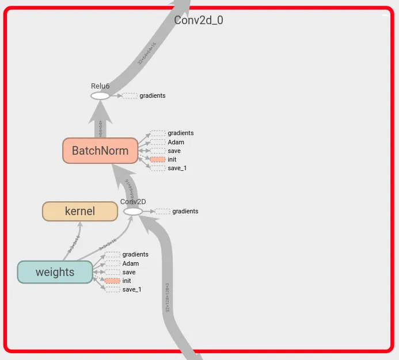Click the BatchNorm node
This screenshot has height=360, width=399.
pyautogui.click(x=100, y=151)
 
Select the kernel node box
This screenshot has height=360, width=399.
pyautogui.click(x=80, y=211)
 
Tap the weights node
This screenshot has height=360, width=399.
pyautogui.click(x=55, y=272)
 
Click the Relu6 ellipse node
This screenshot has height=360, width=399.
pyautogui.click(x=100, y=96)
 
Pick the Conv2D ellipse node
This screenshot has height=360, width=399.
pyautogui.click(x=133, y=212)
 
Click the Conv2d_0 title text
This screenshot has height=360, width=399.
pyautogui.click(x=199, y=20)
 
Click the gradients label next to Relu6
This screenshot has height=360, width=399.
pyautogui.click(x=152, y=95)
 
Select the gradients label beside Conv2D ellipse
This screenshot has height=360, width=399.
pyautogui.click(x=185, y=211)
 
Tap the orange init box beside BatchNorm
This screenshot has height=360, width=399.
pyautogui.click(x=158, y=159)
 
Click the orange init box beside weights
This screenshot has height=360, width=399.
pyautogui.click(x=112, y=281)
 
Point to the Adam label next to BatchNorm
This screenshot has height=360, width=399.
pyautogui.click(x=176, y=142)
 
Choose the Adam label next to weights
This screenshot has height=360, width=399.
pyautogui.click(x=131, y=263)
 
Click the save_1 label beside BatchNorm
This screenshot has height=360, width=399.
pyautogui.click(x=177, y=168)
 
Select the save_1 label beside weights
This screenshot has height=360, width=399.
pyautogui.click(x=132, y=289)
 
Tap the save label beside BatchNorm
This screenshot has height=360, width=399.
pyautogui.click(x=174, y=151)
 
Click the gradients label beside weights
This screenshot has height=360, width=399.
pyautogui.click(x=135, y=254)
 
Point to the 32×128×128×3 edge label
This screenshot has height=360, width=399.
pyautogui.click(x=167, y=297)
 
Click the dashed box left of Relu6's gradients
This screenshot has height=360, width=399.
pyautogui.click(x=130, y=95)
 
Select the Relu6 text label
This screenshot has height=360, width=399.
pyautogui.click(x=100, y=86)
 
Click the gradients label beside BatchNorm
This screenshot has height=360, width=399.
pyautogui.click(x=180, y=133)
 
